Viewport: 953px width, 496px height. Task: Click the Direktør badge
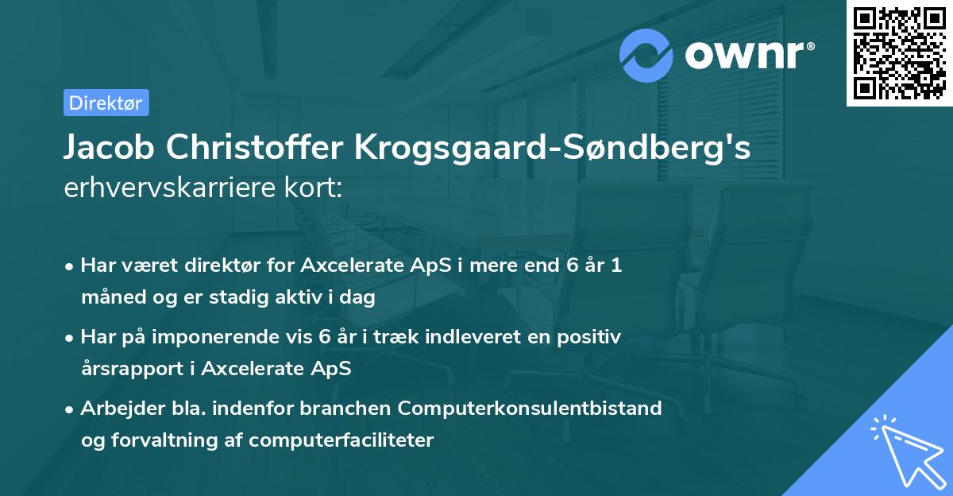tap(106, 103)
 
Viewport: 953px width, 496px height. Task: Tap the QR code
tap(900, 52)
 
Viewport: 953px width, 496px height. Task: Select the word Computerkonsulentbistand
tap(531, 408)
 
